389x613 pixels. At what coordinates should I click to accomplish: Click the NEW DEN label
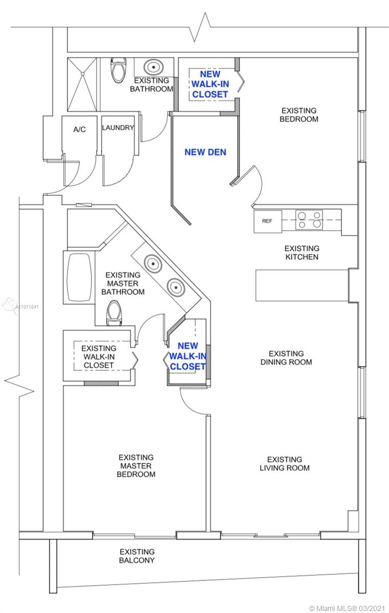pyautogui.click(x=205, y=152)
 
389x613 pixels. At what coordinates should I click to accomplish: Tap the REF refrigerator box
pyautogui.click(x=268, y=221)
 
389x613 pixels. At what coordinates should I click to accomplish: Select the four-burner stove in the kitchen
pyautogui.click(x=309, y=220)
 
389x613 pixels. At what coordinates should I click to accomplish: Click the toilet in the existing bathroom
pyautogui.click(x=119, y=69)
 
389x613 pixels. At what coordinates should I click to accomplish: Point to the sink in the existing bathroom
pyautogui.click(x=154, y=67)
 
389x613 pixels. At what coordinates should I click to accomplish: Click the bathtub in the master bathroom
pyautogui.click(x=79, y=277)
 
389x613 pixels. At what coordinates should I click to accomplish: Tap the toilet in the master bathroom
pyautogui.click(x=114, y=313)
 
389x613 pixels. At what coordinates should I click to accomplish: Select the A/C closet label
pyautogui.click(x=79, y=129)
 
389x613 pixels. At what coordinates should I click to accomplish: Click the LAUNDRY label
pyautogui.click(x=118, y=128)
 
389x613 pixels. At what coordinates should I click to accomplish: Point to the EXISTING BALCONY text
pyautogui.click(x=137, y=556)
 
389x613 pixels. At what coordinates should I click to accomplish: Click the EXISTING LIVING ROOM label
pyautogui.click(x=285, y=464)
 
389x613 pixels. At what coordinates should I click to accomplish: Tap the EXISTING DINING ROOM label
pyautogui.click(x=286, y=358)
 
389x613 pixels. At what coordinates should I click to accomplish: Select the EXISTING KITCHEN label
pyautogui.click(x=302, y=252)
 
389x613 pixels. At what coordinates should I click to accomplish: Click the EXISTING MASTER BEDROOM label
pyautogui.click(x=136, y=466)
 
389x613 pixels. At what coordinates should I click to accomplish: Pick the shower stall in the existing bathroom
pyautogui.click(x=82, y=84)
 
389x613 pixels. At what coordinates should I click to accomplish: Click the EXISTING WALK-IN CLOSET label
pyautogui.click(x=99, y=357)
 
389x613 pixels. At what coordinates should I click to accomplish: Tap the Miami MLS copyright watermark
pyautogui.click(x=347, y=608)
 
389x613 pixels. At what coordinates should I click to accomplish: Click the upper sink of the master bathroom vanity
pyautogui.click(x=153, y=264)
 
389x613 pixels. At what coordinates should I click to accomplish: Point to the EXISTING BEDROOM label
pyautogui.click(x=299, y=114)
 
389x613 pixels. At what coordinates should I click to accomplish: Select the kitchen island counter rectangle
pyautogui.click(x=302, y=286)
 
